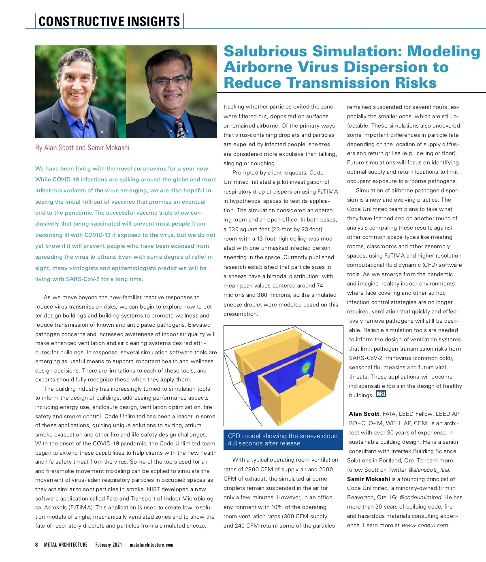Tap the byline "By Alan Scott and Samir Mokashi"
pyautogui.click(x=82, y=148)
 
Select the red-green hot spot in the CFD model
pyautogui.click(x=306, y=367)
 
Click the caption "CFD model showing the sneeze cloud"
pyautogui.click(x=283, y=436)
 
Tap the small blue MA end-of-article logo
pyautogui.click(x=381, y=394)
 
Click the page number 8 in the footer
pyautogui.click(x=36, y=545)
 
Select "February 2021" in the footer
pyautogui.click(x=109, y=545)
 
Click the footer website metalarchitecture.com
pyautogui.click(x=151, y=545)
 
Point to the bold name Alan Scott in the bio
pyautogui.click(x=364, y=414)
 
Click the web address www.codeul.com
pyautogui.click(x=425, y=526)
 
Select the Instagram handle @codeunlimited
pyautogui.click(x=420, y=498)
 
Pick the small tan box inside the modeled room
pyautogui.click(x=303, y=381)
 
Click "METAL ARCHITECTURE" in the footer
pyautogui.click(x=66, y=545)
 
